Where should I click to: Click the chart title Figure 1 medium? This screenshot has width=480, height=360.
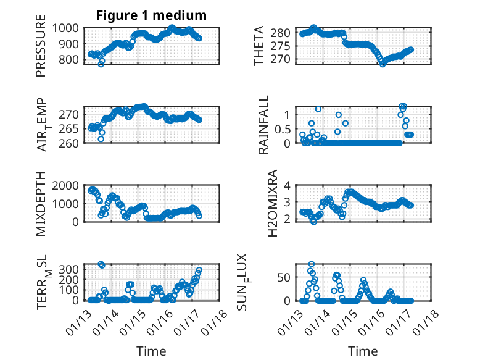pos(151,15)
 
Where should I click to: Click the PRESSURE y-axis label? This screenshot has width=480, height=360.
pos(41,50)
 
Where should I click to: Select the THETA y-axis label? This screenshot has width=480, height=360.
pos(259,46)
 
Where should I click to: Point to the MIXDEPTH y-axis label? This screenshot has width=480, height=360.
pos(41,203)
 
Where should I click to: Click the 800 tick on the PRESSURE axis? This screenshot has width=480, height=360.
pos(70,60)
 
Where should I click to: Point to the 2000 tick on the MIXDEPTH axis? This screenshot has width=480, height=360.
pos(66,185)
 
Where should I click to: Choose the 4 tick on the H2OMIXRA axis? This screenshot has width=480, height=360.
pos(288,185)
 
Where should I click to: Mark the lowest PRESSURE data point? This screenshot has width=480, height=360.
pos(101,64)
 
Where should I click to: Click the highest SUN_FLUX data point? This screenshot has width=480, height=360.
pos(312,264)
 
